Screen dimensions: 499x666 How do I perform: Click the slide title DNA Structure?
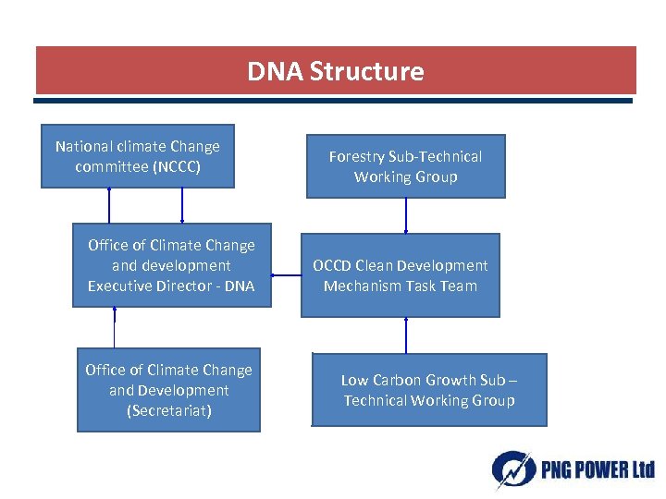pyautogui.click(x=335, y=71)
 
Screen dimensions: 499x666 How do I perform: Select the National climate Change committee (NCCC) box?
pyautogui.click(x=137, y=156)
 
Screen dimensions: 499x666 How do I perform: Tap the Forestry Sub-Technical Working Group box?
pyautogui.click(x=405, y=166)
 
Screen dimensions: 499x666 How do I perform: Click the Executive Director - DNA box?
pyautogui.click(x=171, y=265)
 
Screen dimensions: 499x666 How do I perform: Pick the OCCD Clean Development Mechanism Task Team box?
pyautogui.click(x=400, y=275)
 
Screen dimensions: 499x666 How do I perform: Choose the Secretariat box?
pyautogui.click(x=168, y=390)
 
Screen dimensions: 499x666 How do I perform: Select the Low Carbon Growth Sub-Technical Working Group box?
pyautogui.click(x=429, y=390)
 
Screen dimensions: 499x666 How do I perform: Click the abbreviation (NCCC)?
pyautogui.click(x=177, y=167)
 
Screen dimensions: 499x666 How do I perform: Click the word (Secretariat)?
pyautogui.click(x=168, y=410)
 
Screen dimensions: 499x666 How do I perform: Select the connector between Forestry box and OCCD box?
pyautogui.click(x=405, y=215)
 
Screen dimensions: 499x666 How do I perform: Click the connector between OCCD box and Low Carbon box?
pyautogui.click(x=405, y=335)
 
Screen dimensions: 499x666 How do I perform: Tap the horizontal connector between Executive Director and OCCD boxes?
pyautogui.click(x=286, y=274)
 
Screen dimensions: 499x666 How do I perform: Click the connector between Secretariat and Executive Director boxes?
pyautogui.click(x=114, y=328)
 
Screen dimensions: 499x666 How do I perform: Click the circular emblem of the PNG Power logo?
pyautogui.click(x=512, y=469)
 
